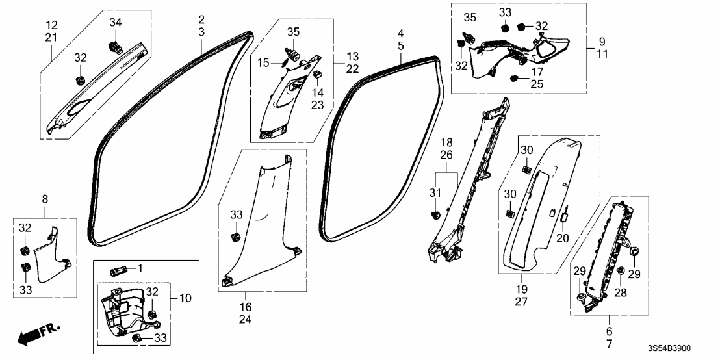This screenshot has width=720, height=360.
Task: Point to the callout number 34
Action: (115, 23)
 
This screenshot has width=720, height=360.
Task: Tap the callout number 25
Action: (537, 84)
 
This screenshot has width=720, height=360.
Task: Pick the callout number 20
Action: (563, 238)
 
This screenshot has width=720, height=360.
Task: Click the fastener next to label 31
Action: (437, 214)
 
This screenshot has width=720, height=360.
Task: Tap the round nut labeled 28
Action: (621, 271)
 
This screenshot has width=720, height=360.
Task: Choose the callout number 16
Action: (245, 306)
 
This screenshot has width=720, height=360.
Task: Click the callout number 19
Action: (521, 287)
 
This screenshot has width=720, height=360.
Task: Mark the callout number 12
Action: (52, 25)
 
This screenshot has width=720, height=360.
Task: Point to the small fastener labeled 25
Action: (515, 79)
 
